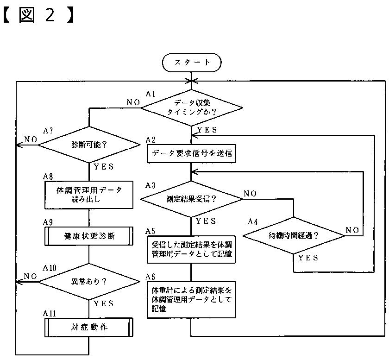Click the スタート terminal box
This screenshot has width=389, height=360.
pos(192,63)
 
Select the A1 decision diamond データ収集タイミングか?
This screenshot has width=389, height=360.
pos(192,108)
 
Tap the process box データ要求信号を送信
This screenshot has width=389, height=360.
pos(191,153)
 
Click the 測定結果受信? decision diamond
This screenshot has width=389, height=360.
pos(191,199)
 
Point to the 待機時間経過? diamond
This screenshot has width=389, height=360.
pos(294,236)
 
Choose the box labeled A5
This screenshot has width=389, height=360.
pos(191,249)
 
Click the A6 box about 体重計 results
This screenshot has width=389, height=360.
pos(191,300)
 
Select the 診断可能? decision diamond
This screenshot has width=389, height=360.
pos(89,145)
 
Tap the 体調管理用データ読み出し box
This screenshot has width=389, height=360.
pos(89,195)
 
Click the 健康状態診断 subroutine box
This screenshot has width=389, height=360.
pos(89,236)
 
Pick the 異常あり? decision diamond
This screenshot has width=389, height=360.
pos(89,282)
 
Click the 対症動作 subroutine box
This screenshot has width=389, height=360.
pos(89,327)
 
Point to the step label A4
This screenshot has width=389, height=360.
pos(252,221)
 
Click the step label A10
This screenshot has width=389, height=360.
pos(50,268)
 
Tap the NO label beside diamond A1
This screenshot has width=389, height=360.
pos(133,102)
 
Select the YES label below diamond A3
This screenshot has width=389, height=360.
pos(206,221)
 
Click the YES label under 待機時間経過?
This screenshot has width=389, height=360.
pos(308,258)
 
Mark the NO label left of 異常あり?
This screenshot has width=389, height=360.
pos(31,276)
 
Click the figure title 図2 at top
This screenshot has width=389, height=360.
pos(38,15)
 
